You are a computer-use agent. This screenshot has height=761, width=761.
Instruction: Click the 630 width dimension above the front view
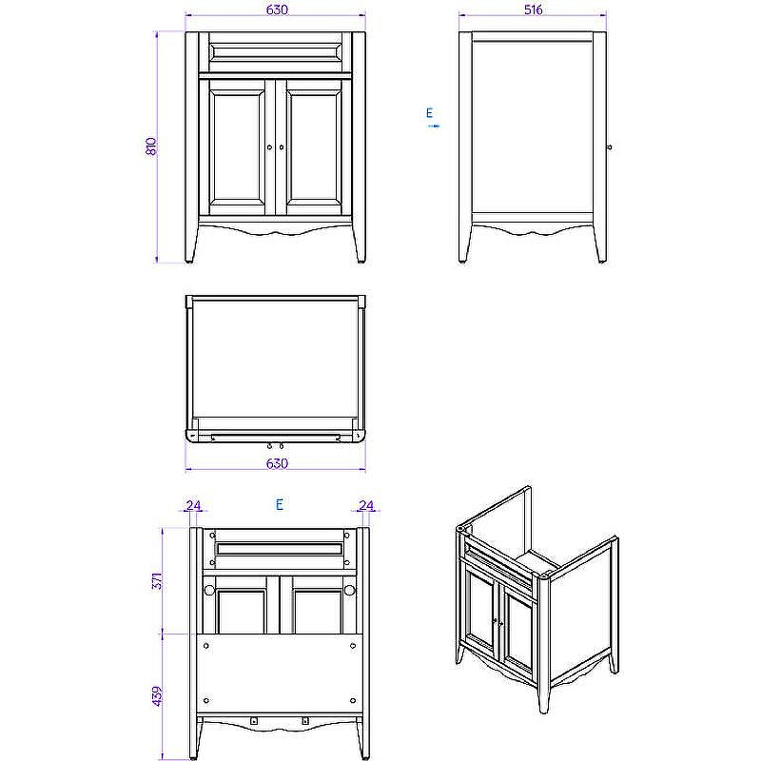click(275, 10)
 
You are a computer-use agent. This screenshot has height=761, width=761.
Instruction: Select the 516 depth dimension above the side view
click(532, 10)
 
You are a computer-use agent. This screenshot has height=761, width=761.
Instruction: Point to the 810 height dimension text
click(150, 146)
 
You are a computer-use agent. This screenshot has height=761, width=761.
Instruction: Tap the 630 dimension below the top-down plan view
click(275, 463)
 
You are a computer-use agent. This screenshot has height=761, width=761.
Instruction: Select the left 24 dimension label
click(193, 505)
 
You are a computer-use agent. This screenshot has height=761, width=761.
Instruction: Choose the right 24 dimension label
click(366, 505)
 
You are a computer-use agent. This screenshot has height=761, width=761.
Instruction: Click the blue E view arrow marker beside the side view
click(431, 118)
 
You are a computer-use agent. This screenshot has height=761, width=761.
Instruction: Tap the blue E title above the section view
click(279, 505)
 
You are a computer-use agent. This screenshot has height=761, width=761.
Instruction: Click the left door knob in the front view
click(269, 146)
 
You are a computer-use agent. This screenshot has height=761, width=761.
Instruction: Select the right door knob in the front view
click(282, 146)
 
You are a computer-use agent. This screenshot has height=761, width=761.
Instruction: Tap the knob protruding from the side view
click(609, 146)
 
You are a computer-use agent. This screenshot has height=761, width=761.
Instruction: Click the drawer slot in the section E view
click(279, 549)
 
